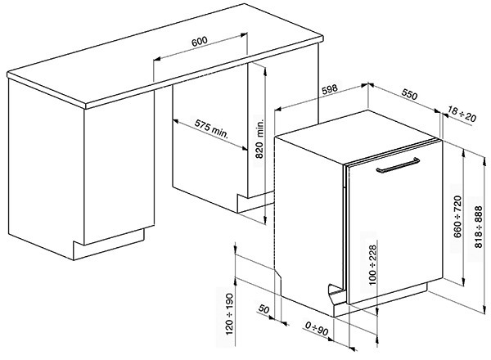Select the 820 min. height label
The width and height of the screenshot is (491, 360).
pyautogui.click(x=259, y=137)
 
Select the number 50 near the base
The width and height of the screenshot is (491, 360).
pyautogui.click(x=264, y=312)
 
